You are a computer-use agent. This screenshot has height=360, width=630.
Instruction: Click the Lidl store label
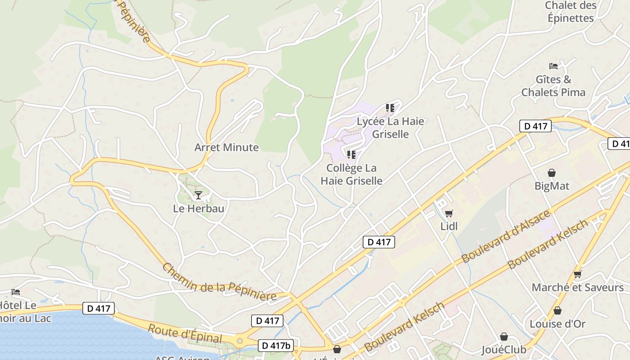pyautogui.click(x=449, y=226)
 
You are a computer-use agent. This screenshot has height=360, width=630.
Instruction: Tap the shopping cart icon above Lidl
pyautogui.click(x=449, y=213)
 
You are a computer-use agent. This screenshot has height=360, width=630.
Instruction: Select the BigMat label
pyautogui.click(x=552, y=186)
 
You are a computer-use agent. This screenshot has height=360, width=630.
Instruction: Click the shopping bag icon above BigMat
pyautogui.click(x=551, y=173)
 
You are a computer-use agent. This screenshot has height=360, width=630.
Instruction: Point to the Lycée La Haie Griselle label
pyautogui.click(x=390, y=128)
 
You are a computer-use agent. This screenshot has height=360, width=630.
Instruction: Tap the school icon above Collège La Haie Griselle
pyautogui.click(x=351, y=155)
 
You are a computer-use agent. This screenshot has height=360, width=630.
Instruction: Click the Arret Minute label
pyautogui.click(x=226, y=148)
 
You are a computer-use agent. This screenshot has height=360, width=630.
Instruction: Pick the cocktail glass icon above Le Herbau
pyautogui.click(x=198, y=195)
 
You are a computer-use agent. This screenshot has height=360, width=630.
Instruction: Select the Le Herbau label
pyautogui.click(x=198, y=209)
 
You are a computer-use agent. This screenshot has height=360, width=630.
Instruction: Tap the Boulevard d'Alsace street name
pyautogui.click(x=506, y=237)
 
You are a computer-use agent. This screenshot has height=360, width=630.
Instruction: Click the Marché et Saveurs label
pyautogui.click(x=577, y=288)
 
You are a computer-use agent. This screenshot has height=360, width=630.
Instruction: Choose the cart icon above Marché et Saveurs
pyautogui.click(x=577, y=274)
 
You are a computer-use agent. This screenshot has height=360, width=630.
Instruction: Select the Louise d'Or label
pyautogui.click(x=558, y=324)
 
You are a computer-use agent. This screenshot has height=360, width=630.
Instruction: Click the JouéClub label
pyautogui.click(x=504, y=350)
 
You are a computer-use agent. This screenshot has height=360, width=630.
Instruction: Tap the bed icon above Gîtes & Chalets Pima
pyautogui.click(x=553, y=66)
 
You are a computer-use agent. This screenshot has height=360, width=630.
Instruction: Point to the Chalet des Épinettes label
pyautogui.click(x=571, y=12)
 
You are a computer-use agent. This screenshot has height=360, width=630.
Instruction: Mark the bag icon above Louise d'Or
pyautogui.click(x=558, y=310)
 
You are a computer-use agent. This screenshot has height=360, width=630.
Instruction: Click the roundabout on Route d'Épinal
pyautogui.click(x=239, y=341)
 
